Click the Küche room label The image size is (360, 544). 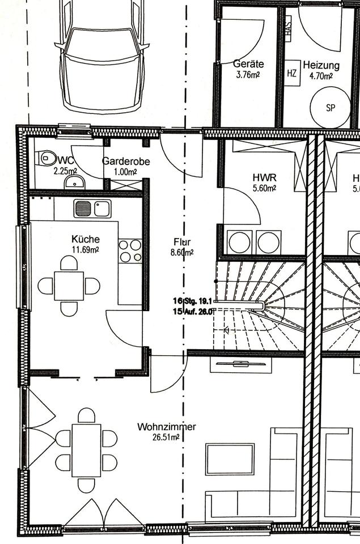tap(85, 239)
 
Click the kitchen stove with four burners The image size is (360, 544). tap(130, 251)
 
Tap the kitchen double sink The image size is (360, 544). tap(92, 209)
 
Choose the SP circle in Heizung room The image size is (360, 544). tap(331, 108)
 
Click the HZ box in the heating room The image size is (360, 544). tap(292, 73)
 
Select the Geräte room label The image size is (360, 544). tap(248, 64)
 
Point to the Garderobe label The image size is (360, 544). tap(126, 161)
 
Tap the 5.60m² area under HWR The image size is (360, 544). tap(264, 188)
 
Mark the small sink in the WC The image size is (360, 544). tap(74, 182)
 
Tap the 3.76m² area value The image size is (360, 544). tap(248, 74)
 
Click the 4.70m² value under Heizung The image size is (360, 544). tap(320, 76)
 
